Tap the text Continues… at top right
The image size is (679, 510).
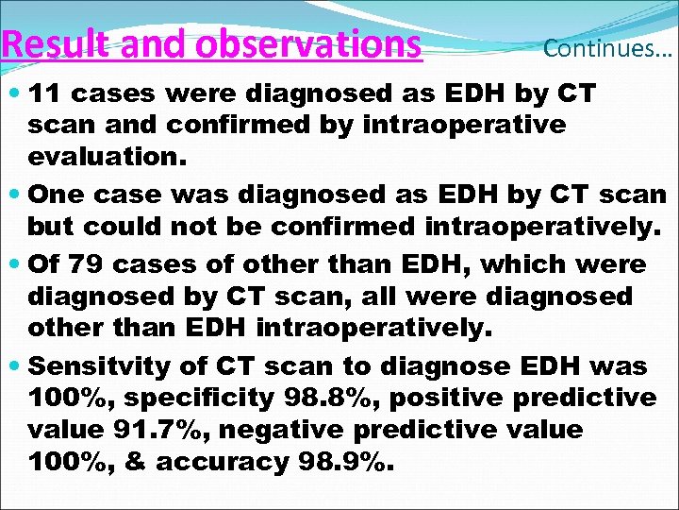607,49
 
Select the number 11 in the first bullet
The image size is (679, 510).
47,94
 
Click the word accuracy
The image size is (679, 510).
222,463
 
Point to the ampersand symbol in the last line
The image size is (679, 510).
138,463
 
